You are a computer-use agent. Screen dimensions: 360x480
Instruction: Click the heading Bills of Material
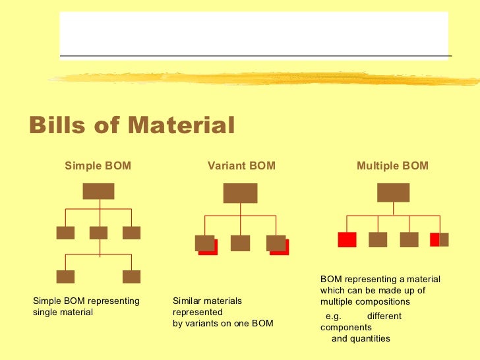[132, 125]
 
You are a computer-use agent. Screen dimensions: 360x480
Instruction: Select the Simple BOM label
[98, 166]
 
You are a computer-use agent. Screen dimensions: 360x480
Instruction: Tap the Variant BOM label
[241, 166]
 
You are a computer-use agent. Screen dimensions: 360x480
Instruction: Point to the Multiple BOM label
[392, 166]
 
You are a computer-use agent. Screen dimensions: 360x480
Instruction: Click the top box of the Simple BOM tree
[98, 191]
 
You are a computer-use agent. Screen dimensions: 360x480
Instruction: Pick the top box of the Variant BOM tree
[240, 193]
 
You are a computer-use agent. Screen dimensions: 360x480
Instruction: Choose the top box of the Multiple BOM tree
[393, 193]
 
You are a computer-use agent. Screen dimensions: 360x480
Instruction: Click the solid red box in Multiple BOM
[347, 239]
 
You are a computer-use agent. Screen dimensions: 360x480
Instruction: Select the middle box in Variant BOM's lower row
[240, 243]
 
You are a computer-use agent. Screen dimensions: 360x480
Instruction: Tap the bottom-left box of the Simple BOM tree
[65, 276]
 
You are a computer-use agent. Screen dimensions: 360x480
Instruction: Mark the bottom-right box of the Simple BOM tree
[131, 276]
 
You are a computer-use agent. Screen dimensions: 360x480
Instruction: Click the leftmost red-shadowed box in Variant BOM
[205, 243]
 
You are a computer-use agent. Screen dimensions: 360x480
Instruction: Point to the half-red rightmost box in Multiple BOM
[439, 239]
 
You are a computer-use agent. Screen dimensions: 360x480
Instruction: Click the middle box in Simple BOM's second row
[98, 233]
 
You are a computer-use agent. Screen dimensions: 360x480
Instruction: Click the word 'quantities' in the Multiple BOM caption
[370, 339]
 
